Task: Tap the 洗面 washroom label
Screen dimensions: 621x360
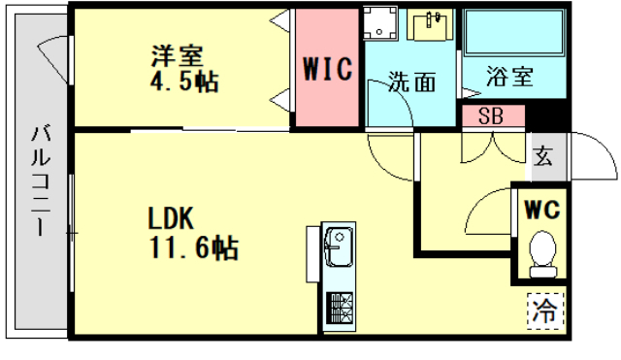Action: (411, 82)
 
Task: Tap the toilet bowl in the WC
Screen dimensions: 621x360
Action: (543, 250)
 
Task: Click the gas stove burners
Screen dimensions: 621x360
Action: (341, 310)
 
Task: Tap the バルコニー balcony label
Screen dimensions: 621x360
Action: (42, 180)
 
